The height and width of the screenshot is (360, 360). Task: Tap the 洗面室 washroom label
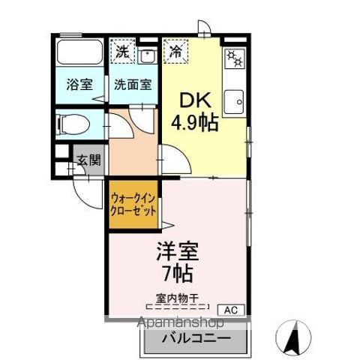tap(132, 84)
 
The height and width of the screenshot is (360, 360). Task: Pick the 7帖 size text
tap(177, 272)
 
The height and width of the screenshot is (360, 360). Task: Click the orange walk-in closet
tap(133, 205)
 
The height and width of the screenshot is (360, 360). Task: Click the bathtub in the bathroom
tap(79, 54)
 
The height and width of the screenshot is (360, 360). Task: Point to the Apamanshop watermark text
tap(181, 323)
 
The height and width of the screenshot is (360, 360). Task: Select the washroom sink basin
tap(148, 55)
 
